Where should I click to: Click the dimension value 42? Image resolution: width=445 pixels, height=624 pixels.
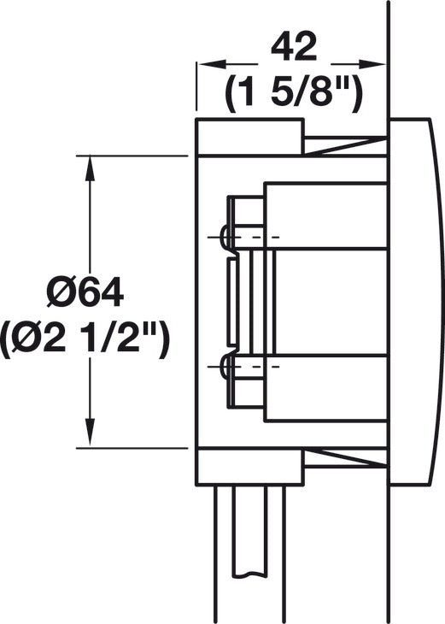click(294, 47)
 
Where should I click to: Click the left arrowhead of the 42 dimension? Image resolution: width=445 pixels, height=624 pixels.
click(211, 63)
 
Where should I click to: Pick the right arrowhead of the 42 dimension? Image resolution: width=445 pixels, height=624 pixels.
click(373, 63)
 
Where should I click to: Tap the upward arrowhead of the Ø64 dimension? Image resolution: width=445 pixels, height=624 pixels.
click(91, 168)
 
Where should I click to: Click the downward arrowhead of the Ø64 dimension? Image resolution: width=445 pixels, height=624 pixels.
click(91, 433)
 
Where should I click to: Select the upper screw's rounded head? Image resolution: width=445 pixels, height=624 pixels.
click(225, 237)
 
